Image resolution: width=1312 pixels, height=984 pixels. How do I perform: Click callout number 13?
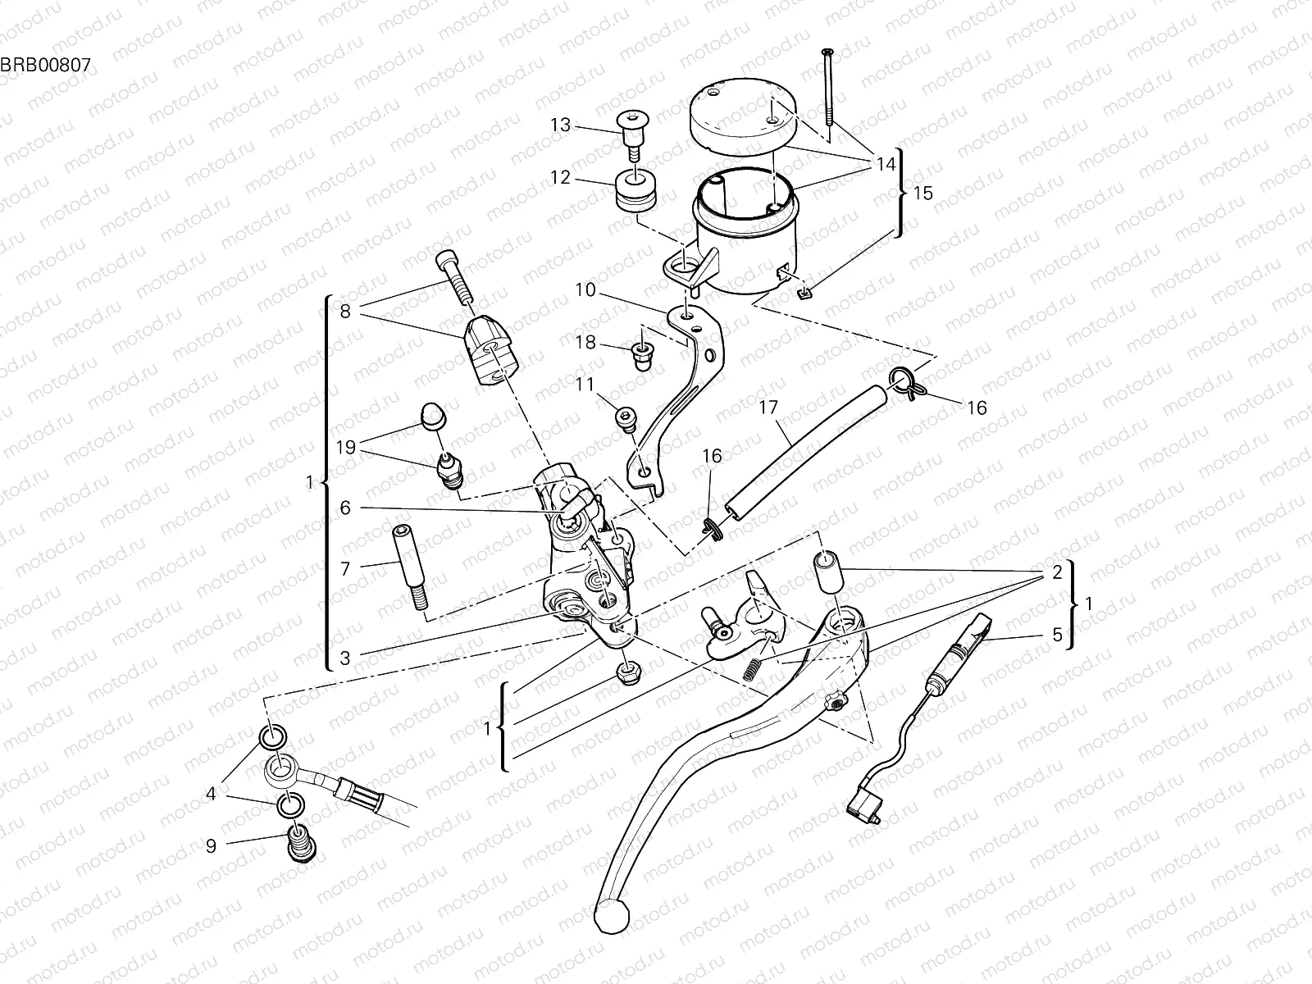click(560, 125)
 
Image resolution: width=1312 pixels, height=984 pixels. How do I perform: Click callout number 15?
click(922, 194)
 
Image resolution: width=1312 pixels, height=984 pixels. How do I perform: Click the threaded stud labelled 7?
click(410, 566)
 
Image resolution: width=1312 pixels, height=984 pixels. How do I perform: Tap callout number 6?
click(344, 508)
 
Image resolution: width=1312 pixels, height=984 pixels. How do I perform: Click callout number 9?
click(211, 845)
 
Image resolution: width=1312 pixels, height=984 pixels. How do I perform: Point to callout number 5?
click(1056, 635)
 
